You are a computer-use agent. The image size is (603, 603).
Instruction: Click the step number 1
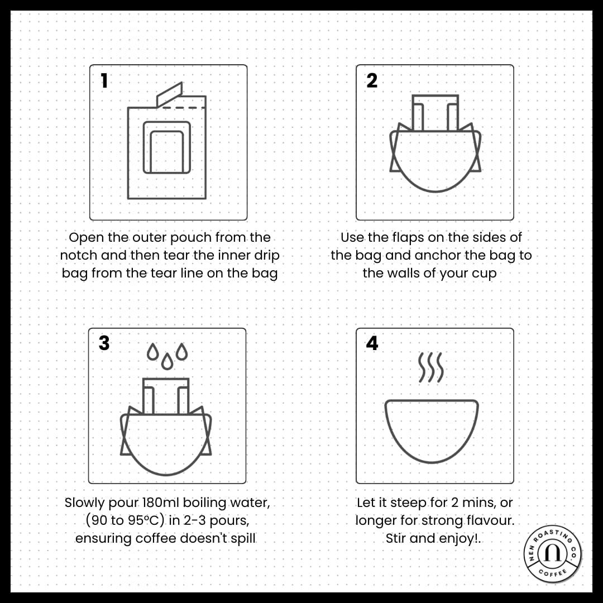pos(104,81)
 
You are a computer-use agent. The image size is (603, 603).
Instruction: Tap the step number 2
pos(372,81)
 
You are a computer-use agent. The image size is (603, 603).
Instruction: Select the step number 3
pos(104,343)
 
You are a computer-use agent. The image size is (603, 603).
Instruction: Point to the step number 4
pos(372,343)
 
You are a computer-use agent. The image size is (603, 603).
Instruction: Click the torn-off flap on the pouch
pos(169,94)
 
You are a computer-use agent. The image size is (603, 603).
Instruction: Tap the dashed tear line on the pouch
pos(184,108)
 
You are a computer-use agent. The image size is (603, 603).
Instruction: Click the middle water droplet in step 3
pos(167,361)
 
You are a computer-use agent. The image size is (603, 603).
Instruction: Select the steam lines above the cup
pos(430,367)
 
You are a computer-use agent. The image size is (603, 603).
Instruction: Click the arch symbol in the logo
pos(553,553)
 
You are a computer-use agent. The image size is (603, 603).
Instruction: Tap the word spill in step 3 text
pos(243,539)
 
